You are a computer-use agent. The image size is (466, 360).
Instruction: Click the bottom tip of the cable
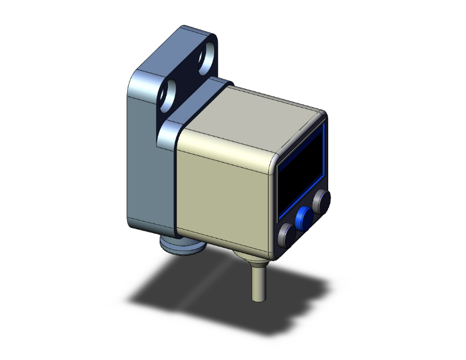pyautogui.click(x=256, y=299)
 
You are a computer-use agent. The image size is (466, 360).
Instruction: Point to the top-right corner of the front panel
pyautogui.click(x=323, y=116)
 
